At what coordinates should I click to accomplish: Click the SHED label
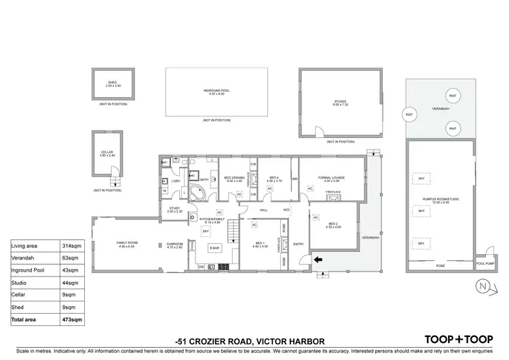(112, 82)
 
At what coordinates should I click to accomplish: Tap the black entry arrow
(318, 258)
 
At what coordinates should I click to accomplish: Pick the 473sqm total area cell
(73, 319)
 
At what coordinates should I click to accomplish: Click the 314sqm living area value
(73, 246)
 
